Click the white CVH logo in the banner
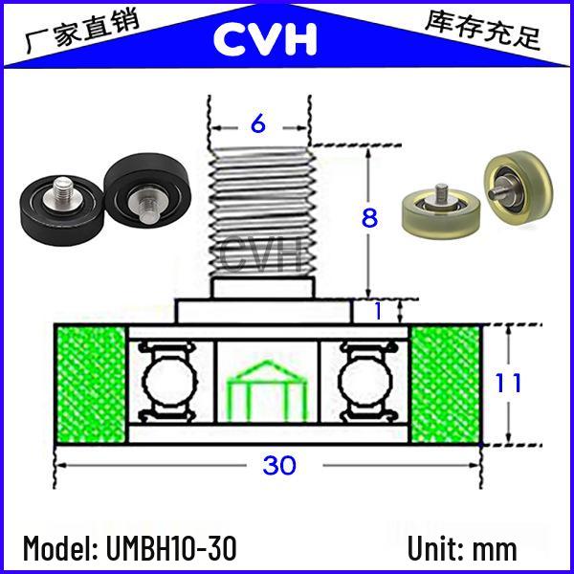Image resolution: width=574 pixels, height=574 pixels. (265, 38)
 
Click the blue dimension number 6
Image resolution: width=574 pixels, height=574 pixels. (258, 123)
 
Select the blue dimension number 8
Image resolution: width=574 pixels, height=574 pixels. (369, 217)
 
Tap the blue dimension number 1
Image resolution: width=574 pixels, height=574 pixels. (379, 312)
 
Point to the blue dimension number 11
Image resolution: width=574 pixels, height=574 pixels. (508, 383)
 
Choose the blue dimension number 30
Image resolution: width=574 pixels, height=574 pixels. (279, 465)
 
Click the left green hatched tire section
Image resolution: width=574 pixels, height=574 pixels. (91, 384)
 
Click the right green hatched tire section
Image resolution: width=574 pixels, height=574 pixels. (446, 384)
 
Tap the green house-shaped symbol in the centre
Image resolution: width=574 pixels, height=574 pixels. (267, 390)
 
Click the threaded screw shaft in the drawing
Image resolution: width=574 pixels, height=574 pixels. (262, 211)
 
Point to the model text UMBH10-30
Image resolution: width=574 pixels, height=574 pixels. (171, 548)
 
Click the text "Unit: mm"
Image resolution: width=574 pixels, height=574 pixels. (462, 548)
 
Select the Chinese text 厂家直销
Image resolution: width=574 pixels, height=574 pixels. (82, 31)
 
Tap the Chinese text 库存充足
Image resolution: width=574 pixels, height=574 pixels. (483, 30)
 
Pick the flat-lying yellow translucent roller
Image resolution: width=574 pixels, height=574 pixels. (439, 211)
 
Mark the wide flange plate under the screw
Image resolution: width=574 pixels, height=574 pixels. (264, 312)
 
